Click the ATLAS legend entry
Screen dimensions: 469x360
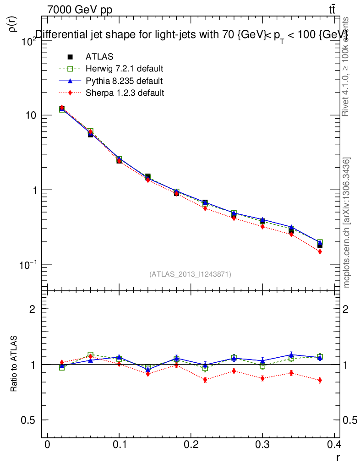pos(99,57)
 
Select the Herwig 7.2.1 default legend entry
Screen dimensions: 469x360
pos(124,69)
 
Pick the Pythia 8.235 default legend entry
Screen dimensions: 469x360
pos(124,81)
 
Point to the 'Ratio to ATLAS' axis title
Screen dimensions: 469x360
pos(14,365)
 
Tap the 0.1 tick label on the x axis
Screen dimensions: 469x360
pos(119,445)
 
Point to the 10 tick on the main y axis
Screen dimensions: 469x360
pos(31,115)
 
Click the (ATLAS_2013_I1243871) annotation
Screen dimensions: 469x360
pos(190,274)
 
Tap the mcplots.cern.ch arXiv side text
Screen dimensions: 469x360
pos(347,223)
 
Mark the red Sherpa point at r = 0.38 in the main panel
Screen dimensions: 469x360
pos(320,251)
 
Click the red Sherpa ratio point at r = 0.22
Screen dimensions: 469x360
pos(205,380)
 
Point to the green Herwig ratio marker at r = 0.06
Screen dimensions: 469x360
pos(90,355)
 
